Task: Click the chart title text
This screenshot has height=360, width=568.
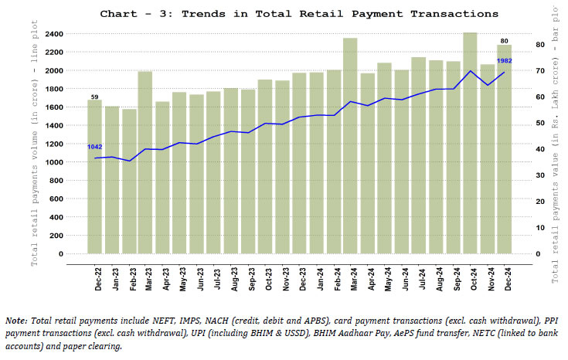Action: tap(299, 14)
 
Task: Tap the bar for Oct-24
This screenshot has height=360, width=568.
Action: tap(470, 143)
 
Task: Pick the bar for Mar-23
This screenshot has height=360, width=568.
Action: tap(145, 162)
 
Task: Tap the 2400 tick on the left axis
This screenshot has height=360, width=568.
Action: tap(54, 34)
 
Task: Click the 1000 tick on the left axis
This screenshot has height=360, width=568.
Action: tap(54, 162)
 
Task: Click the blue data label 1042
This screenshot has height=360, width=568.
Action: tap(95, 147)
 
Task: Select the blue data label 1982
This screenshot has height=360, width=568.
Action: tap(503, 60)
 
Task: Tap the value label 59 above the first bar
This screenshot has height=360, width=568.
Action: tap(94, 97)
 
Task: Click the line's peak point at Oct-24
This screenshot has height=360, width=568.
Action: tap(470, 71)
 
